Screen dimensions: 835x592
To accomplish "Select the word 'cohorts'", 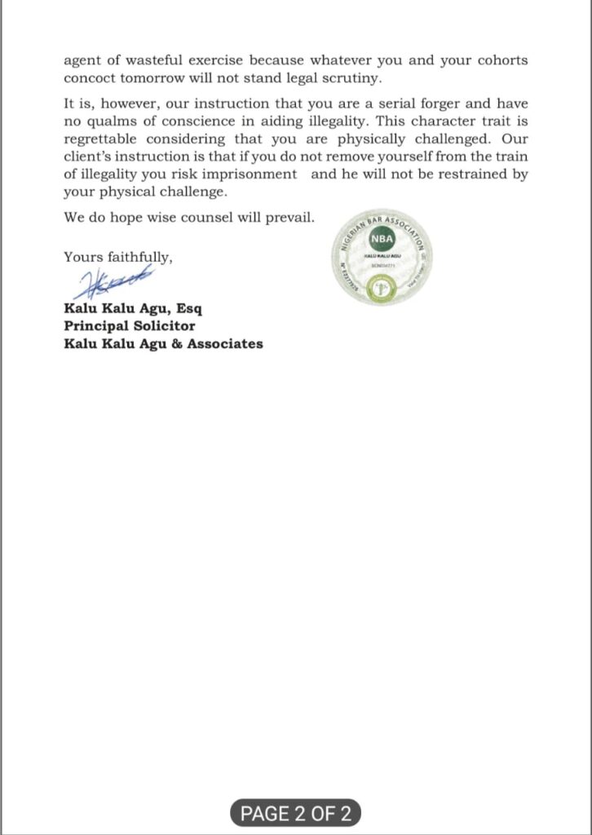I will tap(499, 60).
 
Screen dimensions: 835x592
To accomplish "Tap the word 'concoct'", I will tap(91, 78).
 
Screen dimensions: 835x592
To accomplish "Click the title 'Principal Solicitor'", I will tap(130, 326).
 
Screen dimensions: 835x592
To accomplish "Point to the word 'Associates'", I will tap(225, 343).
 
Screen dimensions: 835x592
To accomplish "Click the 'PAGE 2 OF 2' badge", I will tap(295, 812).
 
